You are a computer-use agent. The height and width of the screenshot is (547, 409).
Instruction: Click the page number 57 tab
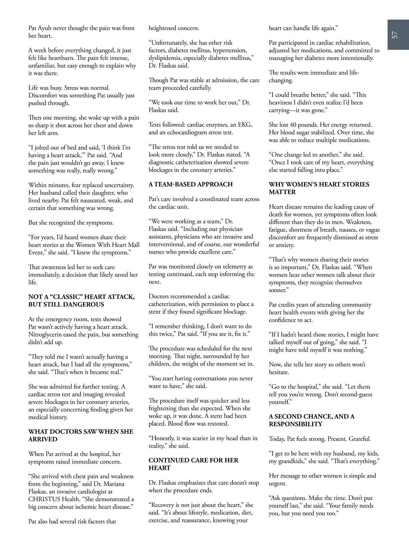tap(395, 35)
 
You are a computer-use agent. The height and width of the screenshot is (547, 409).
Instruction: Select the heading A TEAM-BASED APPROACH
tap(191, 185)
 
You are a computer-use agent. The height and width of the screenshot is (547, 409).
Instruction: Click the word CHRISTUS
tap(45, 499)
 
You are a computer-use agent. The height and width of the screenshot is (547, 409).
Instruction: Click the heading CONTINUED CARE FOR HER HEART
tap(193, 464)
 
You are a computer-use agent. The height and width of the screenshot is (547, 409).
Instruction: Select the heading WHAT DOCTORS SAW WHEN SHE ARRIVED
tap(81, 436)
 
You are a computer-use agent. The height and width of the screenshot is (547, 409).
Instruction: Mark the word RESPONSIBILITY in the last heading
tap(295, 424)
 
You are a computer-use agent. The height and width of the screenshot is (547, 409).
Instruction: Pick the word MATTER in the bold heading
tap(282, 192)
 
